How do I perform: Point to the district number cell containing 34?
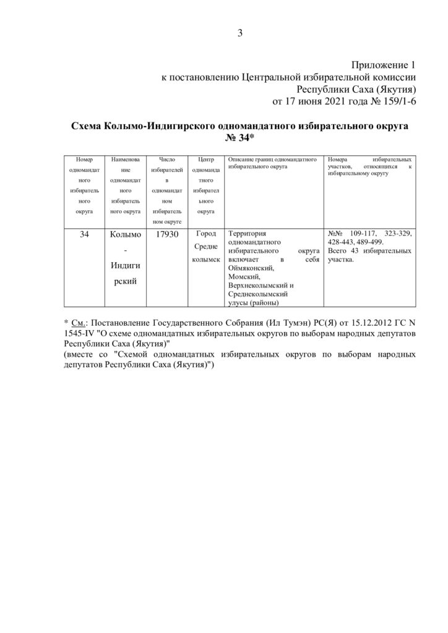point(84,235)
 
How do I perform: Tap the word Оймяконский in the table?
point(251,269)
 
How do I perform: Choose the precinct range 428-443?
point(344,243)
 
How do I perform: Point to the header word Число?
point(166,159)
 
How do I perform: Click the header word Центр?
point(205,159)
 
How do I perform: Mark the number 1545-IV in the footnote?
point(80,334)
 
